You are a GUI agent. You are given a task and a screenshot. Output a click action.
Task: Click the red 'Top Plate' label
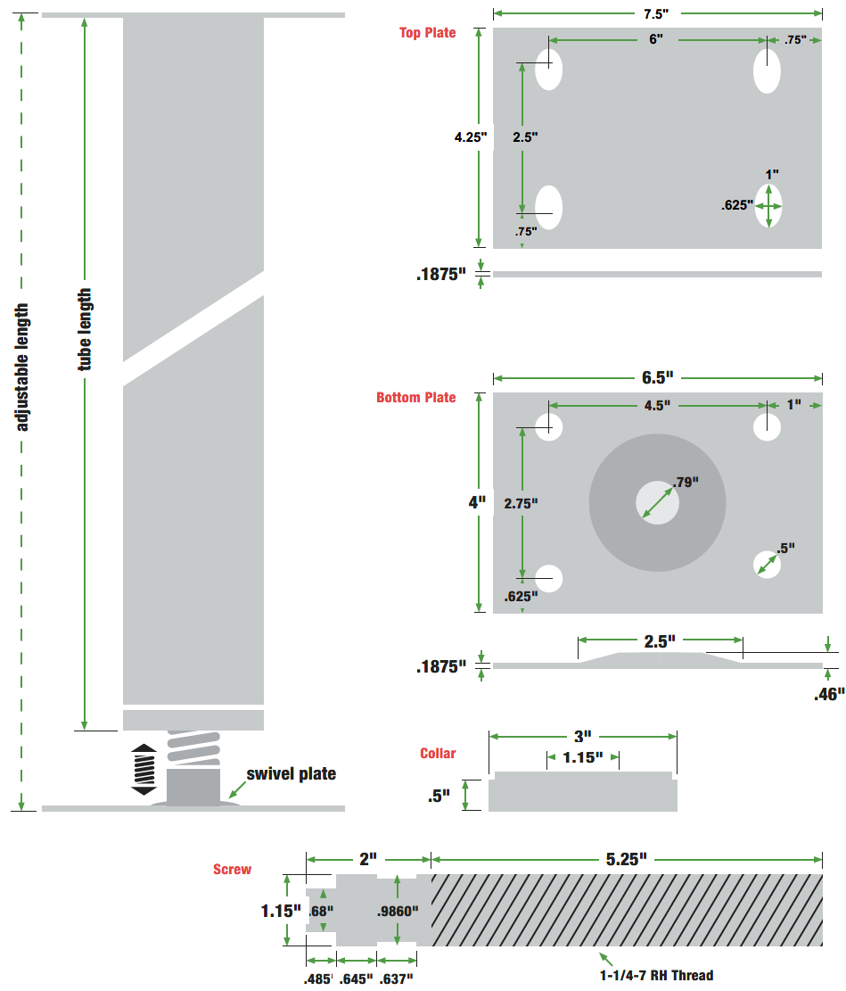point(427,33)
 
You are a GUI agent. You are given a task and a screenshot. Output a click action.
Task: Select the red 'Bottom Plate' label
point(415,398)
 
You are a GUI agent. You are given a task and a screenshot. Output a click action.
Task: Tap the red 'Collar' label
point(438,754)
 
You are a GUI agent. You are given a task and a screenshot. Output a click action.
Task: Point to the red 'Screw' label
point(232,870)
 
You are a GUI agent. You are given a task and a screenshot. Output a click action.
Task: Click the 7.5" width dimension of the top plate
point(656,13)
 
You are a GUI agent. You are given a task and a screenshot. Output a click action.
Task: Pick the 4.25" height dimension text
point(471,137)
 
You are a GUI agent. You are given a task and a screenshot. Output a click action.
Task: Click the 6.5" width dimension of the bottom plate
point(658,378)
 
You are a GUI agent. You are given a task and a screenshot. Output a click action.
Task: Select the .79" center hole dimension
point(686,483)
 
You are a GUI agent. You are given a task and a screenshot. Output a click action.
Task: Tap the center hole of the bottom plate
point(657,502)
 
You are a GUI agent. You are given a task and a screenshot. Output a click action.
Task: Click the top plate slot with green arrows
point(768,206)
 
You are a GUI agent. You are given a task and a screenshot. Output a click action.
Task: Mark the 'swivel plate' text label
point(292,773)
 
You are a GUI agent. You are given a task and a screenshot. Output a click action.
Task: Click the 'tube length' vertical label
point(84,329)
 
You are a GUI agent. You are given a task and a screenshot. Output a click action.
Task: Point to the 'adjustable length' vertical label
point(21,367)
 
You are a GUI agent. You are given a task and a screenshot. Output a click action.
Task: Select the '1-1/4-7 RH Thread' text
point(656,975)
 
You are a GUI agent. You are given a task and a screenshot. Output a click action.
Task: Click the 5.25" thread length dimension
point(626,860)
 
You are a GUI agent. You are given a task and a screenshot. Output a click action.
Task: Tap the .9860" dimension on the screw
point(398,911)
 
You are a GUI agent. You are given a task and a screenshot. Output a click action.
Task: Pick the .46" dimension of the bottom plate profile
point(829,695)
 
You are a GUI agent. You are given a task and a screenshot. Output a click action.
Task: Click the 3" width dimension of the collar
point(582,736)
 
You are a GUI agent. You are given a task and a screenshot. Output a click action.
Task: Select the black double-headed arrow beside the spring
point(144,769)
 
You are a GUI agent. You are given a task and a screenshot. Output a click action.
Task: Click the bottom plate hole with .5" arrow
point(767,565)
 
